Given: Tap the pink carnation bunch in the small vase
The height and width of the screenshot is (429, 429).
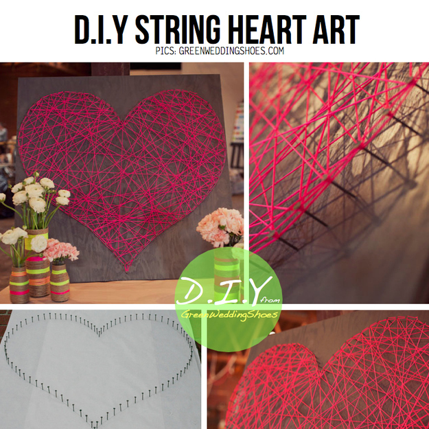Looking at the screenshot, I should tap(61, 250).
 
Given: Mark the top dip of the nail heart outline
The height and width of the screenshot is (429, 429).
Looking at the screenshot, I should tap(99, 336).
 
